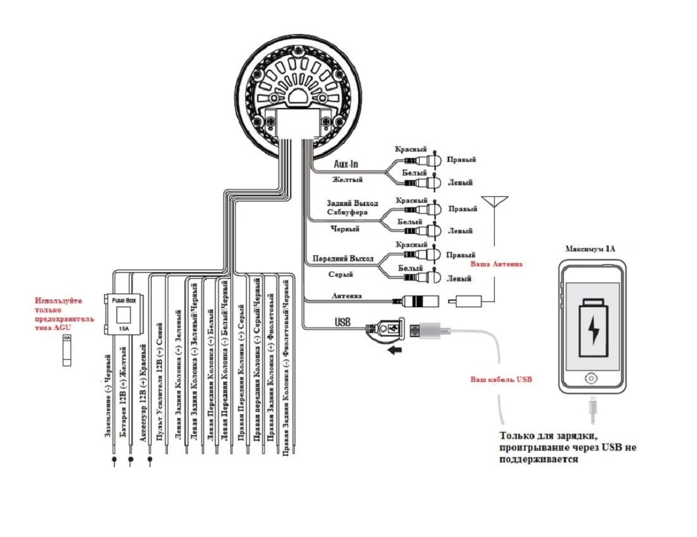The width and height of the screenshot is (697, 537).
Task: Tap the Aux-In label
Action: pos(346,164)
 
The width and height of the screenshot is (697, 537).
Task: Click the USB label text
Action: pos(343,322)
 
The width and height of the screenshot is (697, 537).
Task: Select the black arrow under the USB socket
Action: pos(394,350)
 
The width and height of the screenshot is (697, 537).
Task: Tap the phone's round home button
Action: pos(591,378)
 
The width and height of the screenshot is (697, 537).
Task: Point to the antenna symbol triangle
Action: pos(495,202)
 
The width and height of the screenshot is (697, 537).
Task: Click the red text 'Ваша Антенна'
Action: pos(496,264)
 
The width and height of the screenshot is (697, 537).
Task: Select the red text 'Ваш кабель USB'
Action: pos(501,379)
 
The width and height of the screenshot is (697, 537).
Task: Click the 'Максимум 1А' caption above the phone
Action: pos(590,249)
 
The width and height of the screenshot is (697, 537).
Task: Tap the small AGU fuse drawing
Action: pos(67,350)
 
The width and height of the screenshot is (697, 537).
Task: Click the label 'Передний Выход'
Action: pos(343,258)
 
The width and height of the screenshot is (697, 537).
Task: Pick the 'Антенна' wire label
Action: pos(347,295)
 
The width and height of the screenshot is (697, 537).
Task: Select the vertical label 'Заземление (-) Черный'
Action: pos(107,396)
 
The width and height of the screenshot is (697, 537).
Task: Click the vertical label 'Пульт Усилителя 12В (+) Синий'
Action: pos(159,382)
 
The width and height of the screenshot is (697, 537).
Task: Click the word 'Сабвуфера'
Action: pos(347,212)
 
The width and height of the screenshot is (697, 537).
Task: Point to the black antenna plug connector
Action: pos(421,301)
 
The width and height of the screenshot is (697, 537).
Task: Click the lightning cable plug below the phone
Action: pos(592,411)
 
